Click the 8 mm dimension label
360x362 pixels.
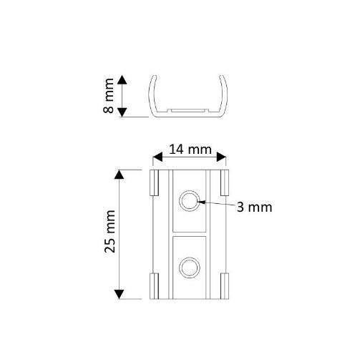(x=109, y=96)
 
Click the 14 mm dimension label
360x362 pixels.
(x=190, y=150)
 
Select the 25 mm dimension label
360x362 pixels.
(x=110, y=231)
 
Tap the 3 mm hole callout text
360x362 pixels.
(x=254, y=207)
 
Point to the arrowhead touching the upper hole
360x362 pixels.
(x=202, y=202)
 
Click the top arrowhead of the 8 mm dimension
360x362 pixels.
(x=122, y=79)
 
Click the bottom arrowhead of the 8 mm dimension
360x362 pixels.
(x=122, y=112)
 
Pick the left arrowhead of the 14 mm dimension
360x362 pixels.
(x=157, y=157)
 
